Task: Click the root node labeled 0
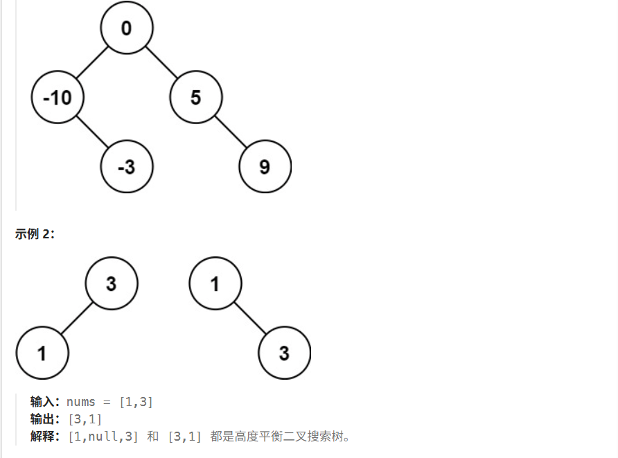(127, 28)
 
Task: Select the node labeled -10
(58, 98)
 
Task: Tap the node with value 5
(196, 98)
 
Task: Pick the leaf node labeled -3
(127, 167)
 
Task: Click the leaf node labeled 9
(265, 167)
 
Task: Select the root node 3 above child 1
(112, 283)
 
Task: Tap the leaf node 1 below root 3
(42, 353)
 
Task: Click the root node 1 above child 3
(215, 283)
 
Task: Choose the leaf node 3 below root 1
(284, 353)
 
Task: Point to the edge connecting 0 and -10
(92, 63)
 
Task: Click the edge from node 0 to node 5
(161, 63)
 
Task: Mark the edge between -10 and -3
(92, 132)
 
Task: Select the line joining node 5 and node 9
(231, 132)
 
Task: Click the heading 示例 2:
(35, 234)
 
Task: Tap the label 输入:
(46, 402)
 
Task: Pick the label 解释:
(46, 437)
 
